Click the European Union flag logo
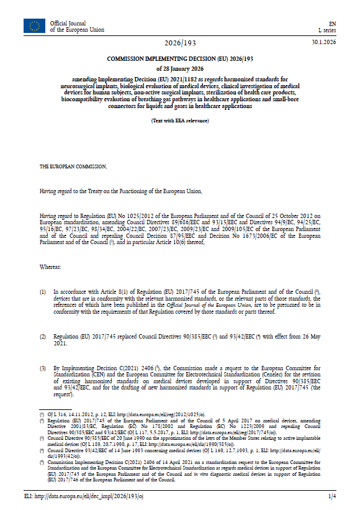coord(34,26)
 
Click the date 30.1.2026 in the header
coord(323,42)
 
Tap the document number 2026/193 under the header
coord(179,43)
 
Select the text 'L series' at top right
coord(326,30)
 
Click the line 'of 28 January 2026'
coord(179,68)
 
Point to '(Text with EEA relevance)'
coord(179,121)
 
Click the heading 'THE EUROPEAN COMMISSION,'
coord(73,166)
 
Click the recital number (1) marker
coord(43,291)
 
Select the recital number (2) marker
coord(43,336)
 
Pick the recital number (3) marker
coord(43,368)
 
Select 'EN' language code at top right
coord(331,23)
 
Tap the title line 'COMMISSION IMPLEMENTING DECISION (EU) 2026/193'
coord(179,58)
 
